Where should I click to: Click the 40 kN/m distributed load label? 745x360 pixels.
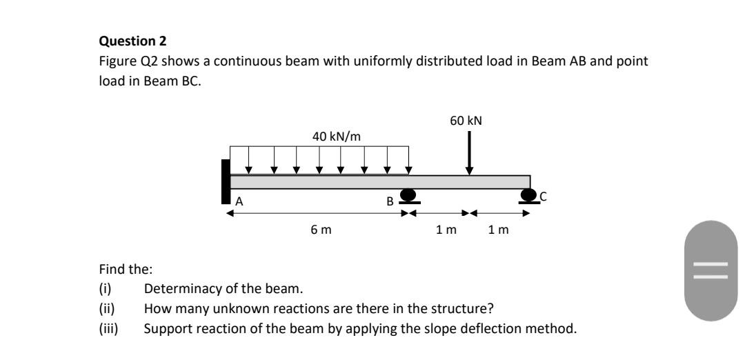[x=336, y=136]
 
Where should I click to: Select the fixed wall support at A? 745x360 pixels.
[x=225, y=181]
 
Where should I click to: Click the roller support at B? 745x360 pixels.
[x=408, y=197]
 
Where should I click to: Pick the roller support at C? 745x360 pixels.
[x=529, y=197]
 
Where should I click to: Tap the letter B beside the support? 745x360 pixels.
[x=390, y=202]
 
